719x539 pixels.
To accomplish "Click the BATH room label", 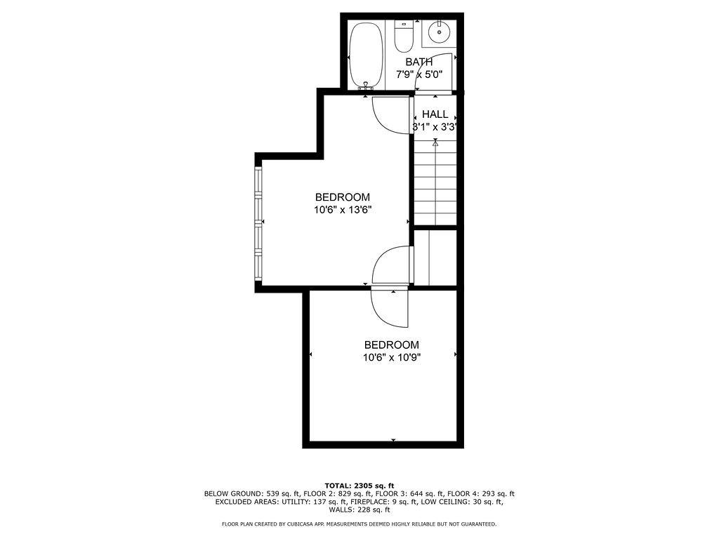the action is [x=418, y=62].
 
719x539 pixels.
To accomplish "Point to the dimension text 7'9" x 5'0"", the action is [x=419, y=74].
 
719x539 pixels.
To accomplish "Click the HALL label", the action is [x=435, y=114].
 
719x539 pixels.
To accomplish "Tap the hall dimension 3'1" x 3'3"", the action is [x=435, y=127].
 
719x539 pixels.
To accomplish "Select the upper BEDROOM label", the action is [x=343, y=197].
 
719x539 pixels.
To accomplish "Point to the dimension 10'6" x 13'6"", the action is [x=343, y=210].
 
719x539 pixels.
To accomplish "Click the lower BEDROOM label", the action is [x=392, y=345].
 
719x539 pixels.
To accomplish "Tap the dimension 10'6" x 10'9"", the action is [x=392, y=357].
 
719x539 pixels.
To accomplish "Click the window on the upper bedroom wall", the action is [x=258, y=224].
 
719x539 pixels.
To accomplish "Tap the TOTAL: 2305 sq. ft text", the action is [x=359, y=486].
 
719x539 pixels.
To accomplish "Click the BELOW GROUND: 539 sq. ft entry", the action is [x=252, y=494].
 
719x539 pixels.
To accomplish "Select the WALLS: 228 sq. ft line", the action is [x=359, y=510].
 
